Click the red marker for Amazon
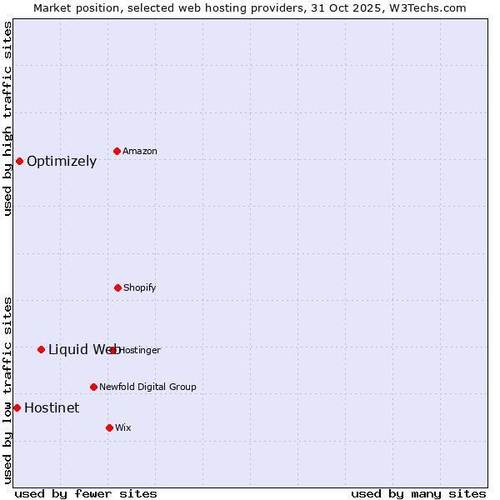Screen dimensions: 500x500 (x=117, y=151)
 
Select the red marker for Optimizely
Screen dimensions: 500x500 (x=19, y=161)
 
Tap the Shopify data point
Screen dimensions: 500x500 (x=117, y=287)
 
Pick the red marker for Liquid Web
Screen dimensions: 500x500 (x=41, y=349)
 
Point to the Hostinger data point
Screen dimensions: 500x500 (x=113, y=350)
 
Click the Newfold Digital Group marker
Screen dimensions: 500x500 (x=93, y=387)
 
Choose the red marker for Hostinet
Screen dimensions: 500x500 (x=17, y=407)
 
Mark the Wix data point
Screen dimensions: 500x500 (x=109, y=427)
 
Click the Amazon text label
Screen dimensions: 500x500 (x=140, y=151)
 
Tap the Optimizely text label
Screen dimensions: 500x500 (x=62, y=162)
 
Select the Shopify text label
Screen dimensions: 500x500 (x=140, y=287)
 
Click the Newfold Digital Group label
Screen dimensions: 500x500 (x=148, y=387)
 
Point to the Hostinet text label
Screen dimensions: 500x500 (x=52, y=407)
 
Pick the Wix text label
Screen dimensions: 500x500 (x=123, y=427)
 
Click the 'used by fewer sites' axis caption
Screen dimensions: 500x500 (x=86, y=493)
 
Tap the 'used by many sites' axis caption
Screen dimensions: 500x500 (x=418, y=493)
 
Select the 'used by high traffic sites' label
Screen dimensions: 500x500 (x=7, y=118)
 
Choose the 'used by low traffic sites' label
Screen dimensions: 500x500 (x=7, y=390)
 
